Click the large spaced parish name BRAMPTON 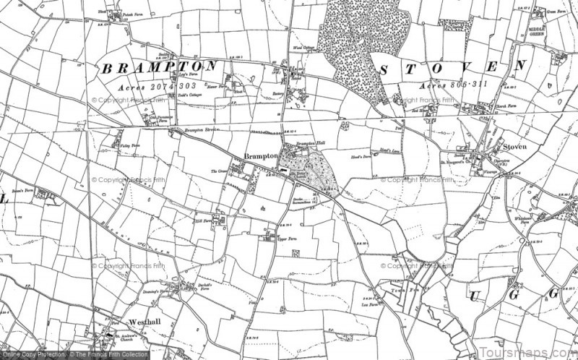(157, 68)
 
